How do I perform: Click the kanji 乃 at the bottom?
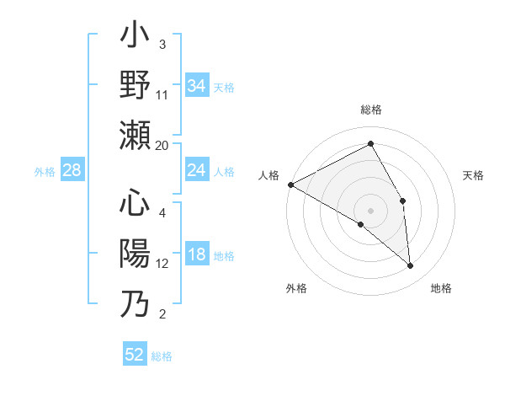pos(135,303)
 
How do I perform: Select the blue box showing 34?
pos(197,85)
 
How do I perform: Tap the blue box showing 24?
pos(197,171)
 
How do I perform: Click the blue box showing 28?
pos(72,171)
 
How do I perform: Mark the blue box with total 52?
pos(135,355)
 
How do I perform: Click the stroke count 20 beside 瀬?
pos(162,146)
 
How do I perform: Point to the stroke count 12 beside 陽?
pos(162,264)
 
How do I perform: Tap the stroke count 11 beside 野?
pos(162,94)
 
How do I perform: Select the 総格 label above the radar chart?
pos(371,110)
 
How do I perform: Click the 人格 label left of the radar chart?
pos(269,175)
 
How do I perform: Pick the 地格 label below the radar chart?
pos(441,288)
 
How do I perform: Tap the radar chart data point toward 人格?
pos(290,184)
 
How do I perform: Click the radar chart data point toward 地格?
pos(411,266)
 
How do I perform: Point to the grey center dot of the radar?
pos(371,210)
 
